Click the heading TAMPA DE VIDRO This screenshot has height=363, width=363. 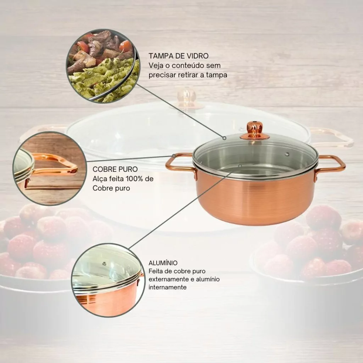point(179,56)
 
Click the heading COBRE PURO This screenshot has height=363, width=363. point(115,169)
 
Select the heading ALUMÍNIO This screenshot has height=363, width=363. point(163,263)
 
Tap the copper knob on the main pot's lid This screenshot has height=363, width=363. point(255,130)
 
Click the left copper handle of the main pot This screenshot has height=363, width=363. point(179,165)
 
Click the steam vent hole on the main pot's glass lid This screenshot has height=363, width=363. point(287,154)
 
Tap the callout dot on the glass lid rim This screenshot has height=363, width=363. point(224,138)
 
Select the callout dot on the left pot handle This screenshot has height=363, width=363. point(174,155)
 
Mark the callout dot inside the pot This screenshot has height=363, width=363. point(240,166)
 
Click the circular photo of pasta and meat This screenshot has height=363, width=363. point(103,66)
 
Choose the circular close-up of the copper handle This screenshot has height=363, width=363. point(50,168)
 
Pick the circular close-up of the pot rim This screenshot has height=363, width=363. point(108,280)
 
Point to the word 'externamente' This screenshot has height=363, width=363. point(169,279)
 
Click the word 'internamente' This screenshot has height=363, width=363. point(168,287)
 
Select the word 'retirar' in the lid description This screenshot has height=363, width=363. point(188,75)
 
